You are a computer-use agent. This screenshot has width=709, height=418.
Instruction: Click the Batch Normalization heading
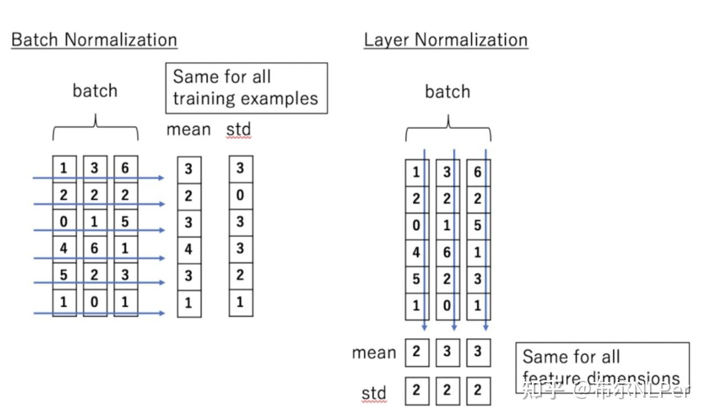pyautogui.click(x=94, y=40)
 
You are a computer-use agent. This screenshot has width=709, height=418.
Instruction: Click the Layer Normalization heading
pyautogui.click(x=445, y=40)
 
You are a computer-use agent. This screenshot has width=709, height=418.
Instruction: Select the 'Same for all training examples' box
pyautogui.click(x=246, y=88)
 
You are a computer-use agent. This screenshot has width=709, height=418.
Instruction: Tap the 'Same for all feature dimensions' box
pyautogui.click(x=602, y=367)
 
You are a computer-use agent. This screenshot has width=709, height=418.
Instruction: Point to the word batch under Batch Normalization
pyautogui.click(x=95, y=90)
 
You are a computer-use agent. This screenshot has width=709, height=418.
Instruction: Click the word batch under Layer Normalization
pyautogui.click(x=447, y=92)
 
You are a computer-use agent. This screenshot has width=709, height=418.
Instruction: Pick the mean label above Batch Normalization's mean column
pyautogui.click(x=188, y=130)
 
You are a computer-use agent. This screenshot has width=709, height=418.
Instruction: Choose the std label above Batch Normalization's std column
pyautogui.click(x=238, y=130)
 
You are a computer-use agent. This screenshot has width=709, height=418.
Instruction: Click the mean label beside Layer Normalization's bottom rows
pyautogui.click(x=374, y=353)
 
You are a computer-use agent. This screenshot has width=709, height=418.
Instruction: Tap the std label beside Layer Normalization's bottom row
pyautogui.click(x=374, y=393)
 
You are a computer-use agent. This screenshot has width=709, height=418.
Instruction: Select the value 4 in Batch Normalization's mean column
pyautogui.click(x=189, y=248)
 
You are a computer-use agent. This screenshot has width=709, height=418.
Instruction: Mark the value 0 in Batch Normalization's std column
pyautogui.click(x=241, y=196)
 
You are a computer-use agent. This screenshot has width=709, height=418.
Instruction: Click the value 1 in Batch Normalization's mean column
pyautogui.click(x=189, y=302)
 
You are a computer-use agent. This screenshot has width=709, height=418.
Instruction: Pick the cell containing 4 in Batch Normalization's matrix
pyautogui.click(x=64, y=248)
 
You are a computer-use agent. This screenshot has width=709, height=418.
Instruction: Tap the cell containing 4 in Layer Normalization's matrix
pyautogui.click(x=416, y=252)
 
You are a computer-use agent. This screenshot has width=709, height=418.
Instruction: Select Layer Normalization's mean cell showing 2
pyautogui.click(x=417, y=352)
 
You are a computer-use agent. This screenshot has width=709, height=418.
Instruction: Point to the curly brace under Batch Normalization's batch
pyautogui.click(x=95, y=128)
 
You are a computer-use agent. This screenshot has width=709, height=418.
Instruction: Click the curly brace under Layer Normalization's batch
pyautogui.click(x=448, y=129)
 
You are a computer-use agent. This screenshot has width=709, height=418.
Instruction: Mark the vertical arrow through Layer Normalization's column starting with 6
pyautogui.click(x=486, y=242)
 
